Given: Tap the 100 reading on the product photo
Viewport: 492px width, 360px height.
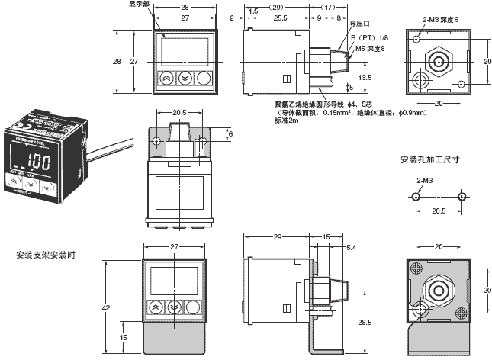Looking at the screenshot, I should coord(42,162).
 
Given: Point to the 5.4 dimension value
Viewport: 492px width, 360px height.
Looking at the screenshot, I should coord(351,249).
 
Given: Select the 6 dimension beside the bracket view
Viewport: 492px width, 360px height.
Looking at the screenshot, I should coord(230,133).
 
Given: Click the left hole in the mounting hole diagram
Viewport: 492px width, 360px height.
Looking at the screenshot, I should coord(414,197).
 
